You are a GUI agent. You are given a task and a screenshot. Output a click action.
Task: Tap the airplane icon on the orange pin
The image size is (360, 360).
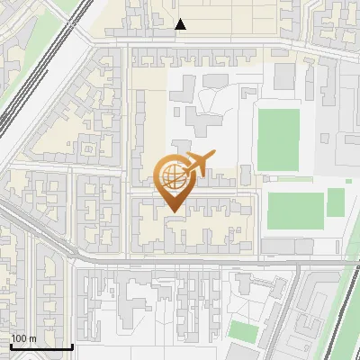[197, 163]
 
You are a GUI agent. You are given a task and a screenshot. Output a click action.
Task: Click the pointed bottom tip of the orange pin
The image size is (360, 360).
[171, 211]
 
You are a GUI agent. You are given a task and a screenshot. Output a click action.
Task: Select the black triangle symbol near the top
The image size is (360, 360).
[181, 24]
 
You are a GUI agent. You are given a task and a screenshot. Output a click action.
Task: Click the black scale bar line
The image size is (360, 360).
[40, 347]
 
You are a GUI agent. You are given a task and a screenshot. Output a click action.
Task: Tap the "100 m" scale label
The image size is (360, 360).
[23, 338]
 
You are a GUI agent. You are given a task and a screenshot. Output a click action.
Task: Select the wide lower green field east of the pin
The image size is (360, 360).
[294, 210]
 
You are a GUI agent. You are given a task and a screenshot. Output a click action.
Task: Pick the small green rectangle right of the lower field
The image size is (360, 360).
[336, 202]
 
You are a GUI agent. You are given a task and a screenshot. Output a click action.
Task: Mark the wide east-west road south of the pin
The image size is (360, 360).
[180, 260]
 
